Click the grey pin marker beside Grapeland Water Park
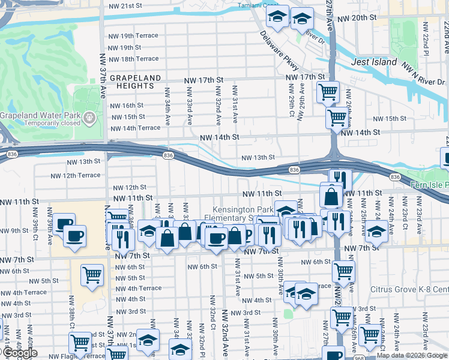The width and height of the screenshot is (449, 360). tap(89, 115)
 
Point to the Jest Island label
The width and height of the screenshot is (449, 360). tap(373, 62)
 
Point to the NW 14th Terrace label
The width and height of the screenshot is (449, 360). tap(134, 128)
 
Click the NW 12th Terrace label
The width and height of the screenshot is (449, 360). tap(76, 176)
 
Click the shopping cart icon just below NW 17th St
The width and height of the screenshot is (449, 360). tap(328, 92)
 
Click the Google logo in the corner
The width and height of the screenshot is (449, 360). tap(20, 353)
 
